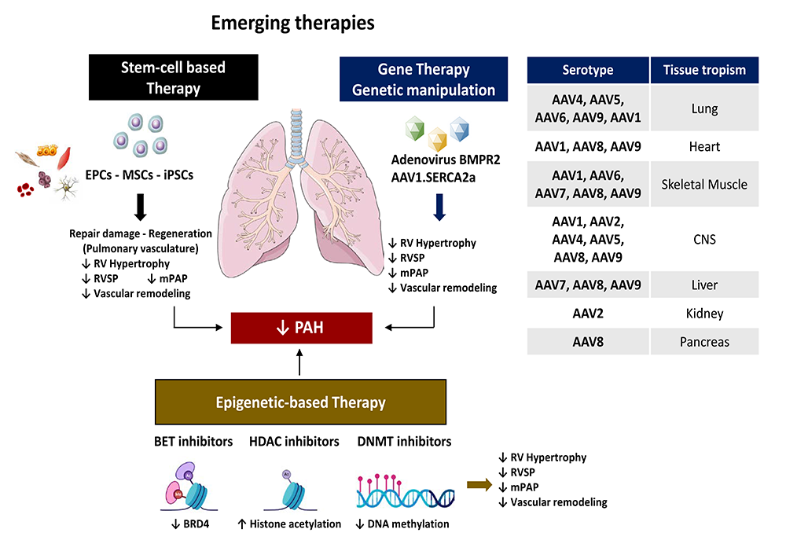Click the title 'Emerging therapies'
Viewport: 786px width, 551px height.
pyautogui.click(x=292, y=24)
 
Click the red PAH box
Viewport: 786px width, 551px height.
pyautogui.click(x=301, y=327)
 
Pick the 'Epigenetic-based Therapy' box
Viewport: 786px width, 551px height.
pyautogui.click(x=301, y=402)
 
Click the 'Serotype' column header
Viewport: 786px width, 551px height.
pyautogui.click(x=588, y=70)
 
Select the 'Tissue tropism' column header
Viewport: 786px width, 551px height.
pyautogui.click(x=704, y=70)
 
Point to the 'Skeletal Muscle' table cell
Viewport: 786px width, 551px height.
pyautogui.click(x=704, y=184)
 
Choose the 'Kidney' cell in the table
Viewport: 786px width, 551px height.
pyautogui.click(x=704, y=314)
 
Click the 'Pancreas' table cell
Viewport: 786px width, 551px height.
pyautogui.click(x=704, y=342)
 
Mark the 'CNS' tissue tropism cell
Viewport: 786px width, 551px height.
pyautogui.click(x=704, y=239)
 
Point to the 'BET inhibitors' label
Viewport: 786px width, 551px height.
pyautogui.click(x=194, y=442)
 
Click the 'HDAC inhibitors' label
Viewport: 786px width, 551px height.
pyautogui.click(x=294, y=442)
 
